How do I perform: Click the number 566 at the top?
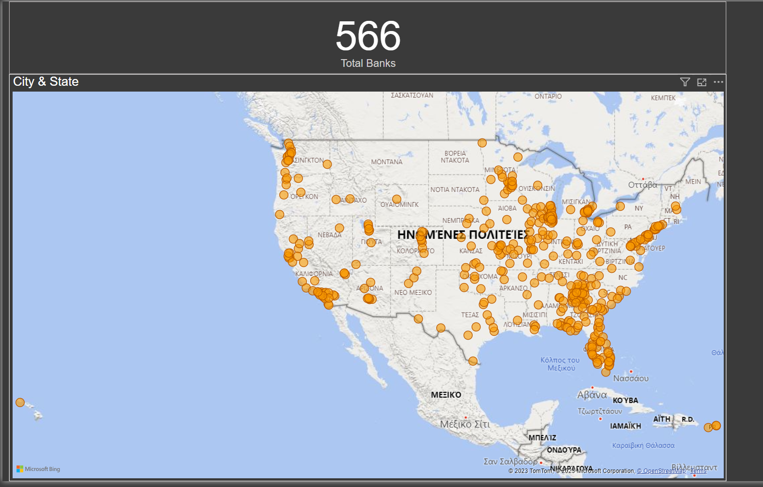(x=368, y=36)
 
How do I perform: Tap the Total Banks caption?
(x=368, y=63)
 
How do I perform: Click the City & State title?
(x=46, y=81)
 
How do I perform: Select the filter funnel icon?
(x=684, y=82)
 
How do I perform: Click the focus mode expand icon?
(x=701, y=82)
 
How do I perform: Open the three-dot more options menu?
(x=718, y=82)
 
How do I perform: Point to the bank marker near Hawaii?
(x=20, y=402)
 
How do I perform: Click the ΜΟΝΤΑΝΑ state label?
(x=386, y=162)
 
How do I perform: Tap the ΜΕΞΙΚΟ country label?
(x=446, y=395)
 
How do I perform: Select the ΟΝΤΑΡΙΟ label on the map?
(x=548, y=96)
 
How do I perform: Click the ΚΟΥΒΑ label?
(x=625, y=400)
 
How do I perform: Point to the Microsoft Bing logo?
(x=38, y=469)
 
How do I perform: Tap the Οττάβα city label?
(x=642, y=185)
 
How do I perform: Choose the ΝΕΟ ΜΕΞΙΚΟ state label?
(x=413, y=293)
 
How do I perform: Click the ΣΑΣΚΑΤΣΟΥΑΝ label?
(x=412, y=95)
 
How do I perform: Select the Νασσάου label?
(x=631, y=378)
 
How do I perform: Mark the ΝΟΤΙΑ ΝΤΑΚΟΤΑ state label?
(x=455, y=189)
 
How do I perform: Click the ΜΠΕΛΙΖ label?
(x=542, y=438)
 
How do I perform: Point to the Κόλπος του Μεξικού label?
(x=560, y=364)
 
